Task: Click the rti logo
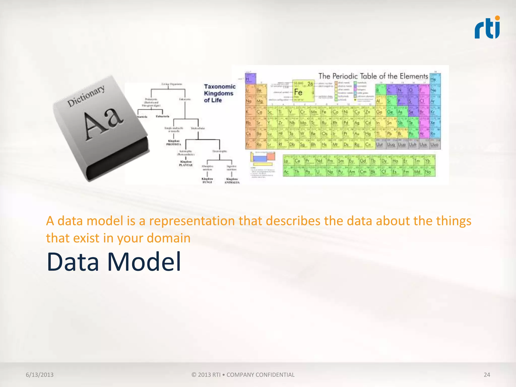pos(487,28)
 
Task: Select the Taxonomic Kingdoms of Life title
pos(219,93)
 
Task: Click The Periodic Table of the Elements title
pos(373,76)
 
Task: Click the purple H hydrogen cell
pos(250,79)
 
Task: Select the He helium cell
pos(435,79)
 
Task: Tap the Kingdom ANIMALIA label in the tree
pos(232,181)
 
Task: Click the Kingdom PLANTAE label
pos(186,163)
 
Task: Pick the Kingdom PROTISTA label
pos(174,143)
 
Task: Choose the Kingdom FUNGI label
pos(207,180)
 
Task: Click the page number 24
pos(487,375)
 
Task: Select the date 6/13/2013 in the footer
pos(40,375)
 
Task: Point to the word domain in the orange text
pos(168,238)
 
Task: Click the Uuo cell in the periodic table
pos(435,145)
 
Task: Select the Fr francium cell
pos(250,145)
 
